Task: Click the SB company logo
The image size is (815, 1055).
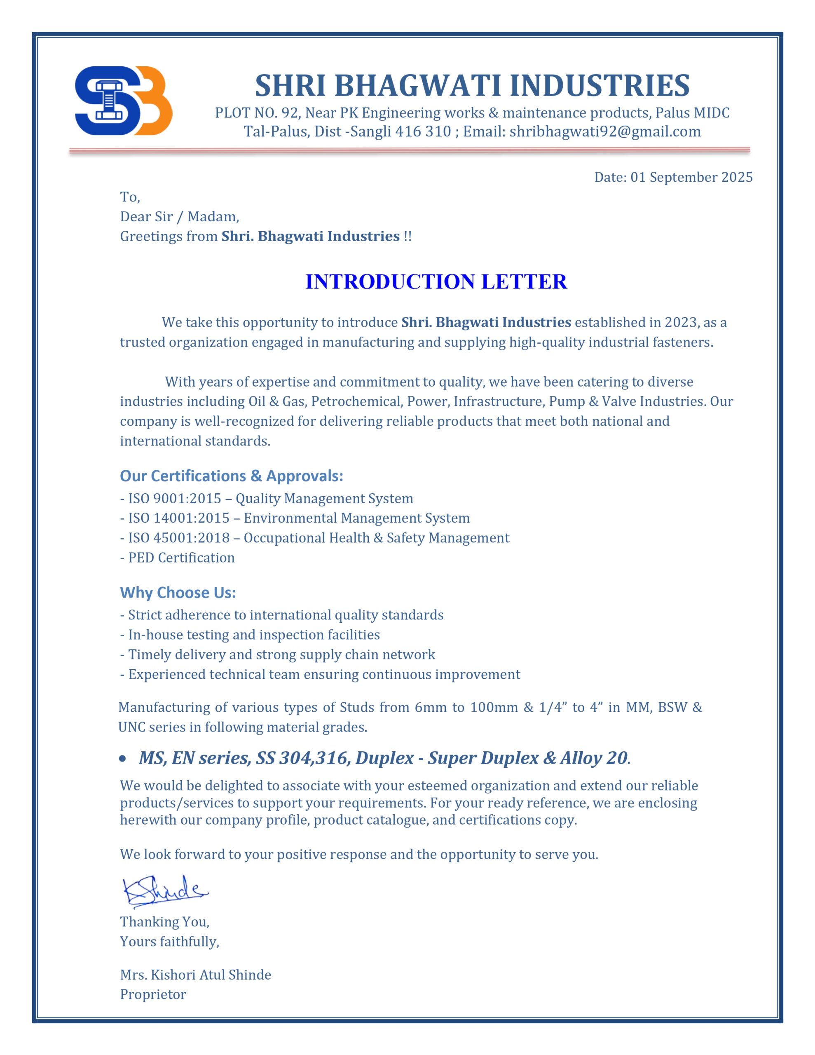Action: (x=123, y=101)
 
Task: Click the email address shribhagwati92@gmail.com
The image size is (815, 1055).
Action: (x=605, y=131)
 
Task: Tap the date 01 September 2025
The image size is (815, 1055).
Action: (x=691, y=177)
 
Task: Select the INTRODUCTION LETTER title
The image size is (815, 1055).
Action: (x=436, y=281)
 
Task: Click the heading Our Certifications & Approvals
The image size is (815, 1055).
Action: (x=232, y=476)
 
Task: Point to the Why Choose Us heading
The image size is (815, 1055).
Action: (x=178, y=592)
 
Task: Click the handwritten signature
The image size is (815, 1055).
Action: (x=165, y=890)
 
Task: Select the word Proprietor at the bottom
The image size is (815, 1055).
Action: (x=153, y=994)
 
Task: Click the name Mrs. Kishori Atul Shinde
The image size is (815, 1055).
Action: (x=195, y=974)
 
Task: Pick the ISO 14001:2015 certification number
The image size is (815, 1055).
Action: (x=178, y=518)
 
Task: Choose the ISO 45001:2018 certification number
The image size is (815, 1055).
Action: (x=178, y=538)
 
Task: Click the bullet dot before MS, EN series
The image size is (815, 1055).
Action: (x=122, y=759)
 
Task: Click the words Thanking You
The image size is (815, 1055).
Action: (x=165, y=921)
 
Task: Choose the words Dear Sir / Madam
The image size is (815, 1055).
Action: (x=179, y=216)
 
